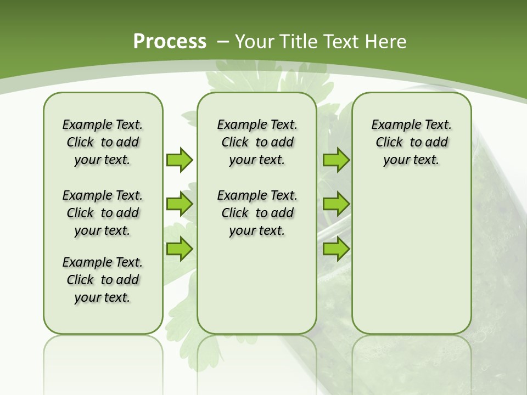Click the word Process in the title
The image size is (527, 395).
click(x=170, y=42)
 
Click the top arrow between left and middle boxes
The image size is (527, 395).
click(x=180, y=160)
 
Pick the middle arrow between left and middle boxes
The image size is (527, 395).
click(x=180, y=204)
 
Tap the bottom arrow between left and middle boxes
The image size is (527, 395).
click(x=180, y=249)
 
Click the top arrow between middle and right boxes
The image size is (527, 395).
click(x=336, y=160)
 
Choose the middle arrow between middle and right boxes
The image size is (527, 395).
click(x=336, y=204)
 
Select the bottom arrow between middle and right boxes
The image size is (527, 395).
click(x=336, y=249)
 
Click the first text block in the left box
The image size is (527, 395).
click(x=103, y=142)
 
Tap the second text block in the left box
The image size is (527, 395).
click(x=103, y=213)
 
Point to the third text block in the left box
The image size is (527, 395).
click(x=103, y=280)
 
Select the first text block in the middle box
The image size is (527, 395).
click(x=257, y=142)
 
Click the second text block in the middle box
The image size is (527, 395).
click(x=257, y=213)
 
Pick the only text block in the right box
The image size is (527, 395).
click(x=411, y=142)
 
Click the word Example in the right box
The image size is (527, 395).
click(x=392, y=125)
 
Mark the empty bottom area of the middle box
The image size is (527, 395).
click(x=257, y=291)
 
